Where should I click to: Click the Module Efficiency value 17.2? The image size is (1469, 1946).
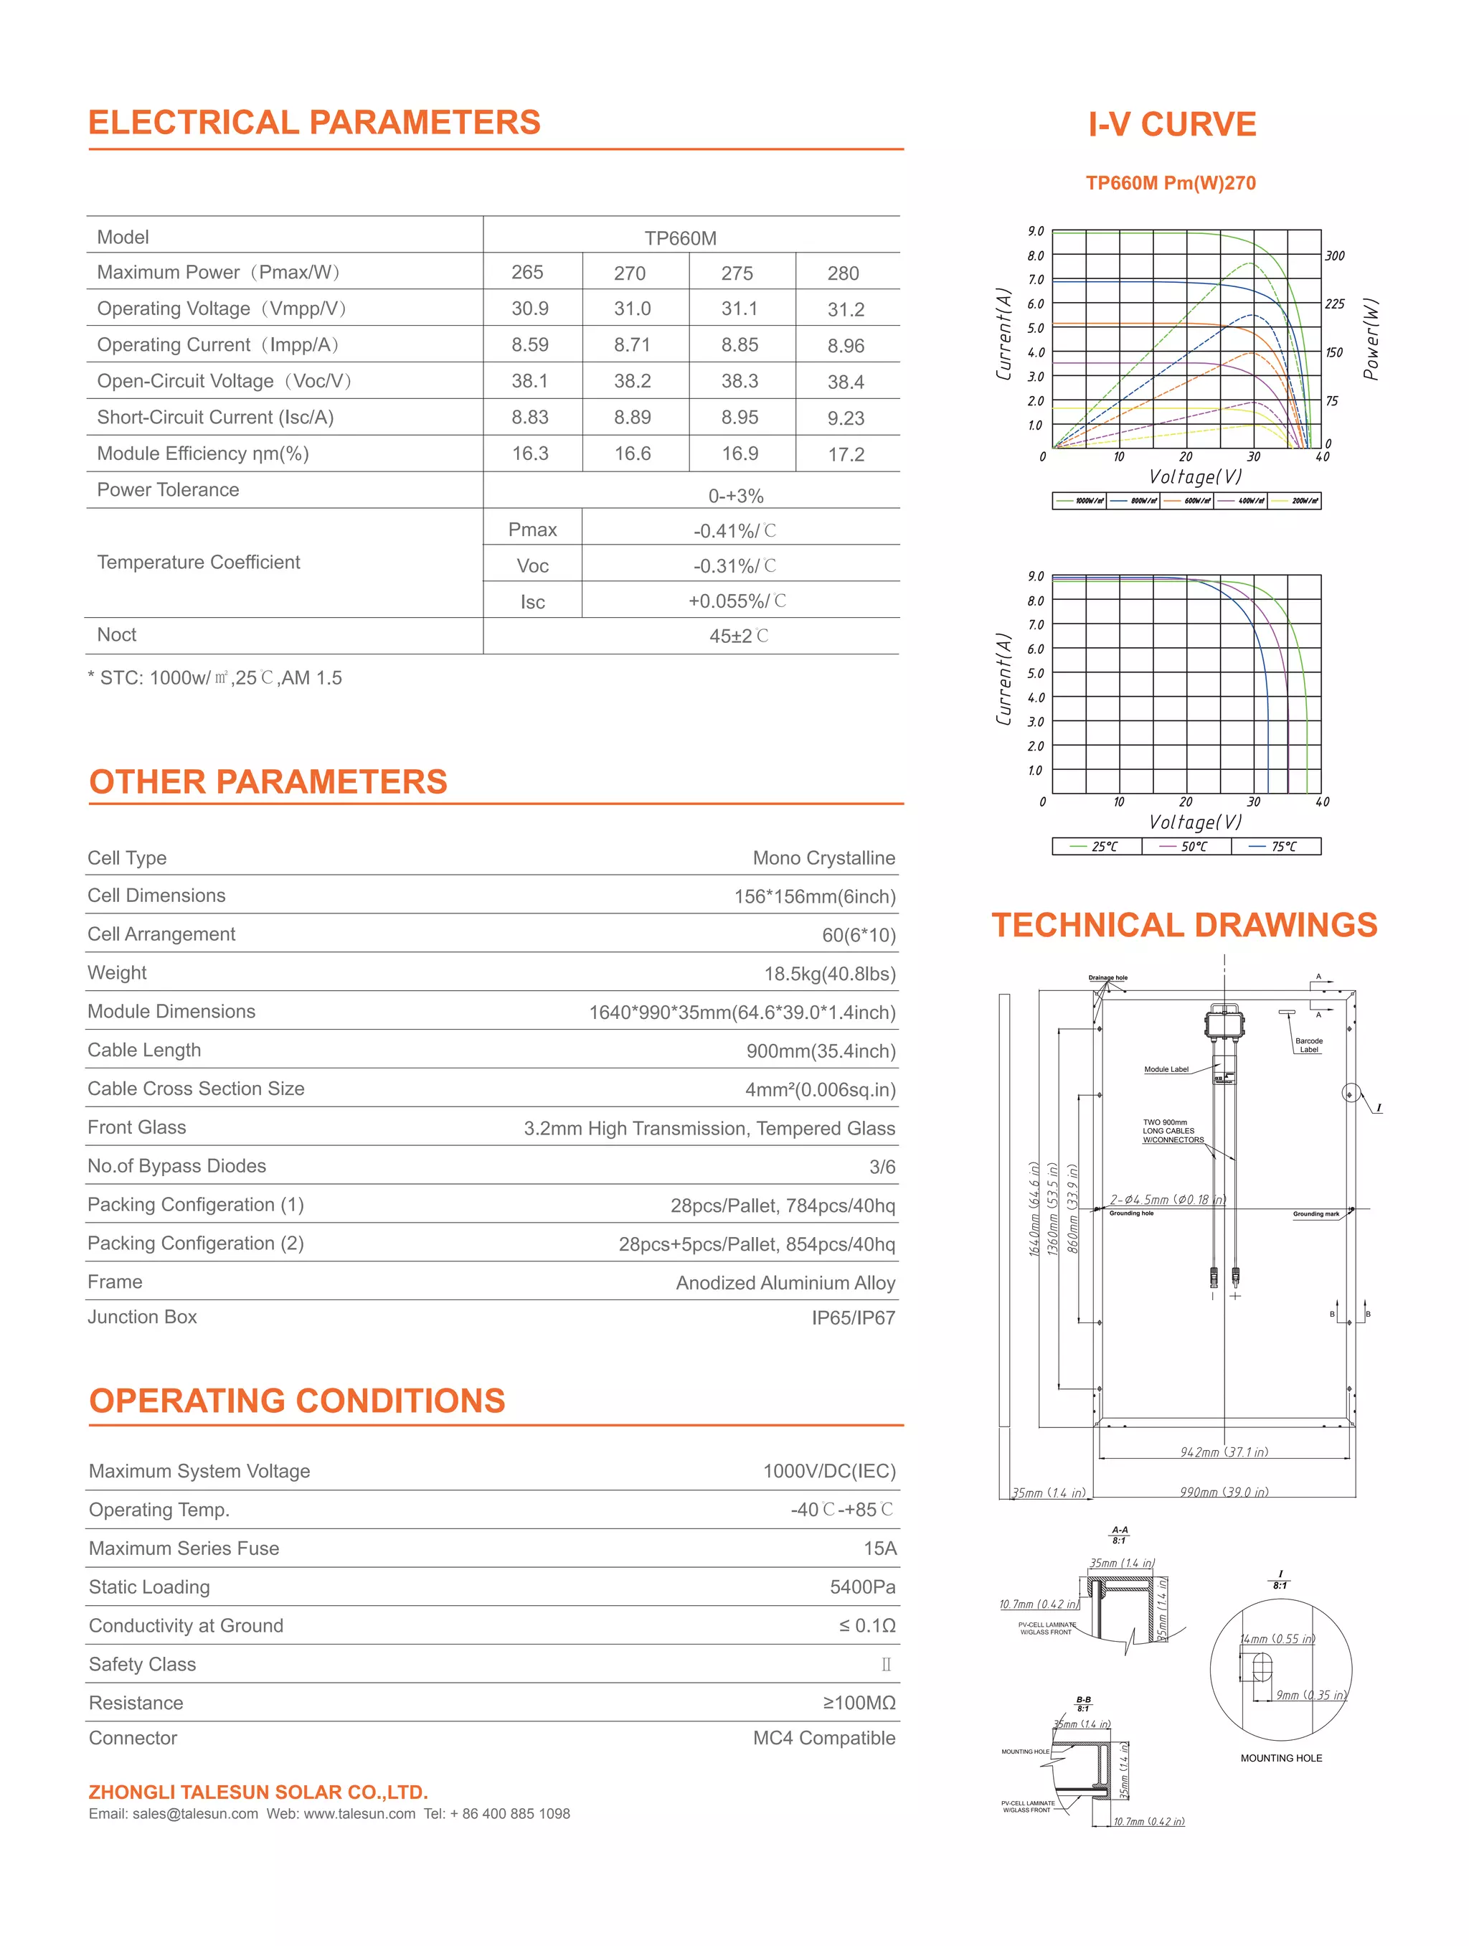click(x=846, y=455)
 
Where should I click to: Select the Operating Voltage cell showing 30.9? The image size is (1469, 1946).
click(x=529, y=309)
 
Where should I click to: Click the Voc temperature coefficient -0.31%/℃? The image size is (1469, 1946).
click(x=734, y=565)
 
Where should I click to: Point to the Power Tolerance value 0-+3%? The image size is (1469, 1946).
click(x=735, y=496)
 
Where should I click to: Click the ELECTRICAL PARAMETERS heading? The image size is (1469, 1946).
click(x=314, y=122)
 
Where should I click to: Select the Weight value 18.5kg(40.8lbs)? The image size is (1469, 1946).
click(x=828, y=974)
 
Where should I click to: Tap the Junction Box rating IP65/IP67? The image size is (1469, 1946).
click(x=852, y=1318)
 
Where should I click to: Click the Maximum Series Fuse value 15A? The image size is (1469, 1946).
click(x=879, y=1548)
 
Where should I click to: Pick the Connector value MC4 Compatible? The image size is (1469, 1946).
click(x=823, y=1739)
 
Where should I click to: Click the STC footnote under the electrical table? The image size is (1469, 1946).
click(x=214, y=678)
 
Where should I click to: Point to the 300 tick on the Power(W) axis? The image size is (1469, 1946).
click(x=1334, y=256)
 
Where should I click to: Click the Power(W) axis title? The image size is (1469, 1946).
click(x=1371, y=339)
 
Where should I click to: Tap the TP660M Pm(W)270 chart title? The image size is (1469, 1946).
click(x=1170, y=183)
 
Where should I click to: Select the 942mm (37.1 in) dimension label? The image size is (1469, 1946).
click(x=1224, y=1452)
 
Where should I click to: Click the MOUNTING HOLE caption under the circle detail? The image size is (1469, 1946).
click(x=1281, y=1758)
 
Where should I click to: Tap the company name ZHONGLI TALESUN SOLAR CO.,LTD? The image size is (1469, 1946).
click(x=258, y=1792)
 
